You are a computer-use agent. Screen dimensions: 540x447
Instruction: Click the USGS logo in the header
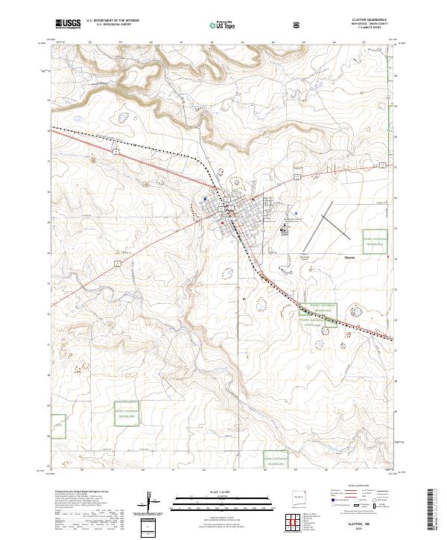[x=68, y=24]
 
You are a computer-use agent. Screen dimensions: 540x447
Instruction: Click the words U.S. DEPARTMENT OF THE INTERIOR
[x=112, y=20]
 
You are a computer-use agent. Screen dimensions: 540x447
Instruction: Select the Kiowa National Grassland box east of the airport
[x=375, y=242]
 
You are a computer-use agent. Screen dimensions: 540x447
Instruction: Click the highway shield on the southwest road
[x=117, y=263]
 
